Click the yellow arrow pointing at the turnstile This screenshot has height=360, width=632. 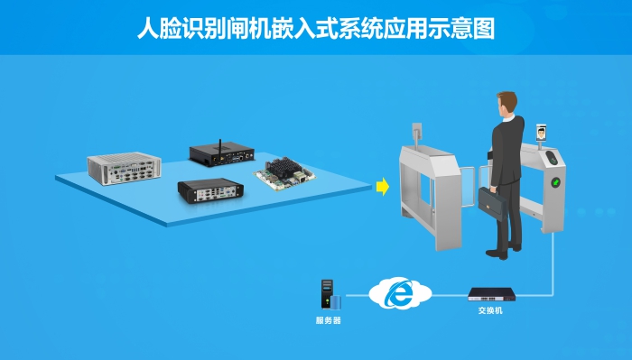click(382, 187)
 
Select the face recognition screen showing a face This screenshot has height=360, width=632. click(541, 134)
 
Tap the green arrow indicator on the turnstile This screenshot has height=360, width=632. click(556, 181)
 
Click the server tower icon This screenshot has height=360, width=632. click(327, 296)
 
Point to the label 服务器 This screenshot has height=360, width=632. click(328, 320)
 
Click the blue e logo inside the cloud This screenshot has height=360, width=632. click(397, 293)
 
